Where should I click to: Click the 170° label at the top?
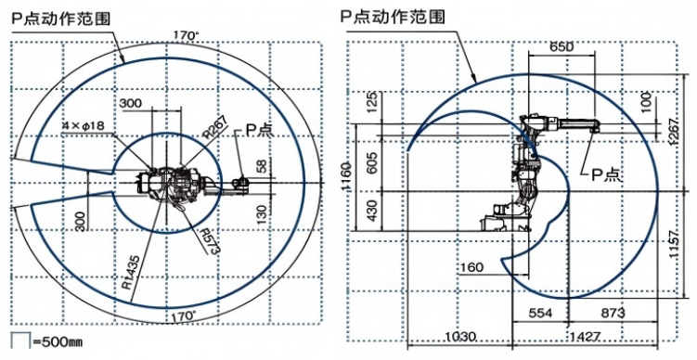click(186, 35)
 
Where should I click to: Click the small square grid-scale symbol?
click(19, 341)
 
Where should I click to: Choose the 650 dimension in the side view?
click(561, 45)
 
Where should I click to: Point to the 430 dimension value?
click(372, 212)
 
